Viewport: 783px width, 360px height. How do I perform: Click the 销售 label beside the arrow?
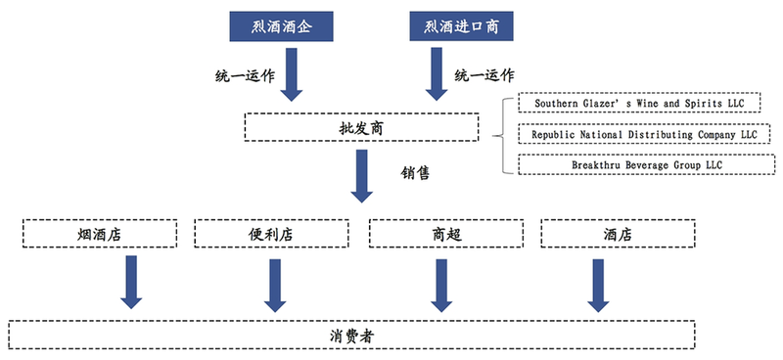pos(416,173)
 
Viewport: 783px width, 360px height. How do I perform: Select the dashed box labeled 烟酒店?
pos(100,235)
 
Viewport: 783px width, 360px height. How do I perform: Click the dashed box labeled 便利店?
pos(266,235)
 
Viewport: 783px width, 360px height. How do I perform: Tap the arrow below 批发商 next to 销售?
pos(363,174)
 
